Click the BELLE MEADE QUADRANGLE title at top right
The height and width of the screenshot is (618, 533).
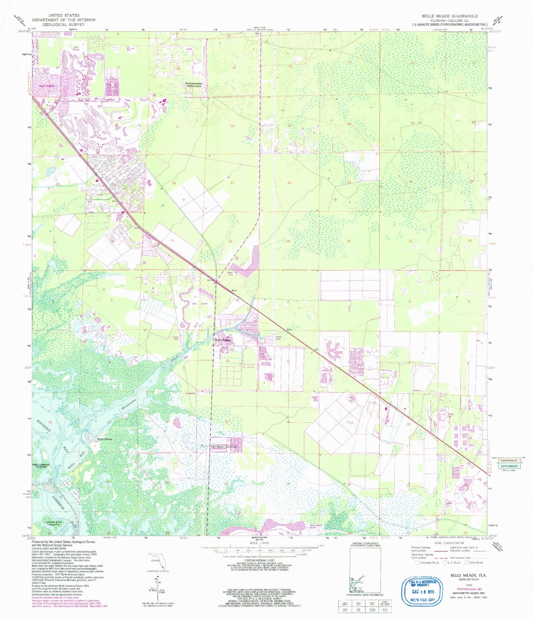(449, 16)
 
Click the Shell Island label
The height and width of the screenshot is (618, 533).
(104, 439)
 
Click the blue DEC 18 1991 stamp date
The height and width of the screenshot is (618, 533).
(421, 592)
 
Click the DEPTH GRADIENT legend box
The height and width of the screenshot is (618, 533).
(509, 466)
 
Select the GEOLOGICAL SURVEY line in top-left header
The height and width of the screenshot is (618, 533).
(64, 25)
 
